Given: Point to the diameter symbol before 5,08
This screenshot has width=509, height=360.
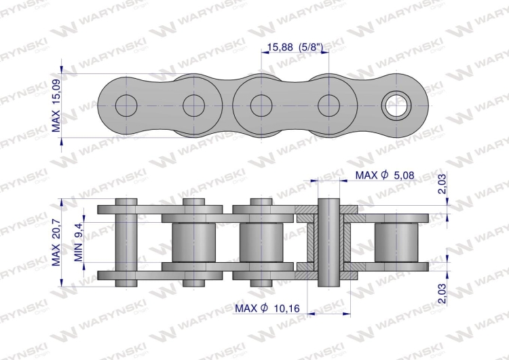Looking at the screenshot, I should [384, 176].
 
